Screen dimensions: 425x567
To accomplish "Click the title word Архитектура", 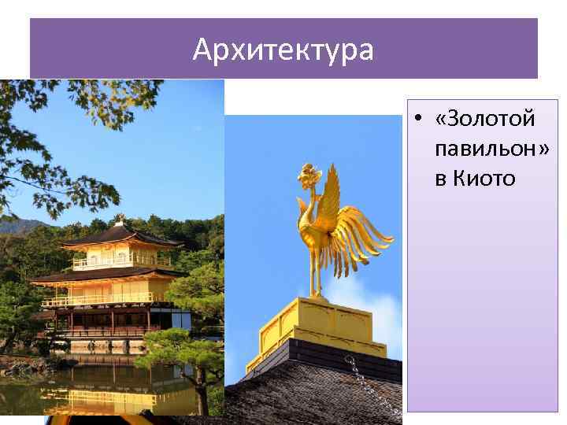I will click(x=283, y=51).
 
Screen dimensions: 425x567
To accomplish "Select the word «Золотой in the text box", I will click(x=484, y=120).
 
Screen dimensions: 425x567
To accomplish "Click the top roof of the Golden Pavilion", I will click(x=118, y=235).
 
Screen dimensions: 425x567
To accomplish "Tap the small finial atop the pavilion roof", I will click(x=120, y=218).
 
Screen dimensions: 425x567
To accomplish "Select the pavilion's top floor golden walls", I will click(x=118, y=257).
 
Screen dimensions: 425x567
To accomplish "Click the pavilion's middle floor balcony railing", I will click(x=102, y=299).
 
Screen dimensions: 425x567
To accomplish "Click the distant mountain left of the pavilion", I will click(x=20, y=227).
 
